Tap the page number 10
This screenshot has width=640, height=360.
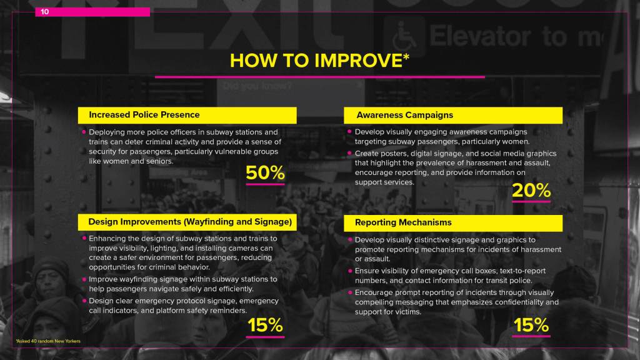coord(44,12)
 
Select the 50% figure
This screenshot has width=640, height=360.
coord(265,172)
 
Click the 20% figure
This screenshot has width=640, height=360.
coord(531,190)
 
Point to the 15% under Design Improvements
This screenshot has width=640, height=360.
coord(265,325)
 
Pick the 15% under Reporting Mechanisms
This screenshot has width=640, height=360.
coord(531,325)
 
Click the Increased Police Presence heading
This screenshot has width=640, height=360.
coord(144,115)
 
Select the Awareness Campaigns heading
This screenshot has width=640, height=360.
coord(404,115)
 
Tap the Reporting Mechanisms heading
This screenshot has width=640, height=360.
coord(403,222)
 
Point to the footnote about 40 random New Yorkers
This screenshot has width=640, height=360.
coord(48,341)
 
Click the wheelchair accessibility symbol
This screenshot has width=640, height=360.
coord(404,36)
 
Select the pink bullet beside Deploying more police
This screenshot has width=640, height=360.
coord(84,132)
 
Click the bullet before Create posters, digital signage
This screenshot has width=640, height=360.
coord(349,153)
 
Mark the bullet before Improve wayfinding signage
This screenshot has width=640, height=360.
coord(84,279)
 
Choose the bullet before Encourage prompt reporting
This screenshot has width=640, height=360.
coord(350,292)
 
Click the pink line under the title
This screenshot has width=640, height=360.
coord(319,77)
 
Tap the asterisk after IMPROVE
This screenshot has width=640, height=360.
coord(406,57)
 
